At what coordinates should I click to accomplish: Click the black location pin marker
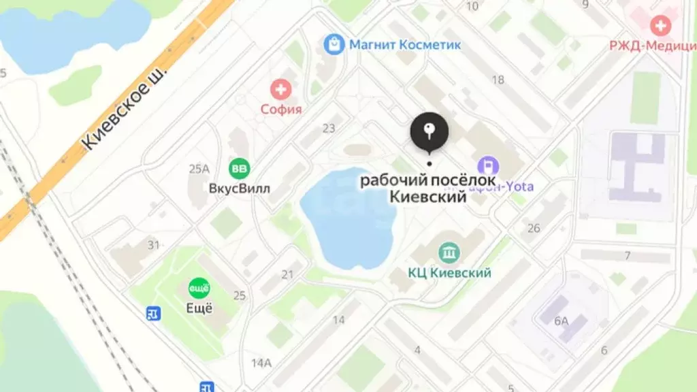click(x=429, y=131)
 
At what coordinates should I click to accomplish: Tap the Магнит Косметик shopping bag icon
click(x=333, y=45)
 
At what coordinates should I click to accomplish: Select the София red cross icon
click(x=280, y=88)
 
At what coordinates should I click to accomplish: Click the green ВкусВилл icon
click(x=239, y=167)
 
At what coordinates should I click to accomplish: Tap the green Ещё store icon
click(x=199, y=287)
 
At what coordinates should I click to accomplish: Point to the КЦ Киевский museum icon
click(x=449, y=253)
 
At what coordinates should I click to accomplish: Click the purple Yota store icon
click(x=488, y=166)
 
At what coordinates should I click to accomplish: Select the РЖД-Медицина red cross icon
click(x=660, y=27)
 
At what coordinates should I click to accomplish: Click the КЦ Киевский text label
click(x=449, y=273)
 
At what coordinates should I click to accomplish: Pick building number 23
click(x=329, y=128)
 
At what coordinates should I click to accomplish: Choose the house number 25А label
click(x=199, y=168)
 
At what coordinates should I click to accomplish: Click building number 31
click(x=154, y=245)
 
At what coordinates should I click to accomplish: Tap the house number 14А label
click(x=261, y=362)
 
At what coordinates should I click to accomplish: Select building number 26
click(x=534, y=228)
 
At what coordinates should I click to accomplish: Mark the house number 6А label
click(x=561, y=321)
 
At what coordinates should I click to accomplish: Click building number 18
click(x=498, y=80)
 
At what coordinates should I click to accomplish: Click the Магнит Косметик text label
click(x=405, y=45)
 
